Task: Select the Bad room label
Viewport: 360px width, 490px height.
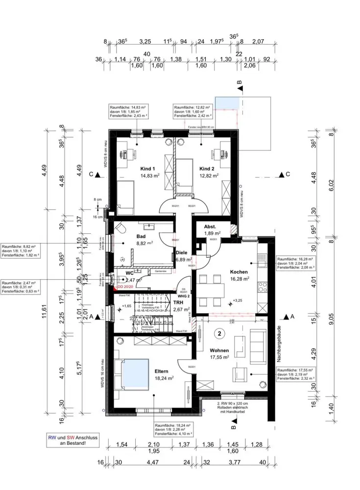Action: pos(142,235)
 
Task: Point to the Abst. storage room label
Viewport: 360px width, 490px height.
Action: pos(210,226)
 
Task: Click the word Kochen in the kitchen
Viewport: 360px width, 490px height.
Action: pos(239,271)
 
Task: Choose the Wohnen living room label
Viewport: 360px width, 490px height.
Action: pos(219,351)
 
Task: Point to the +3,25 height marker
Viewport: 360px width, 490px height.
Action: pos(238,300)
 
